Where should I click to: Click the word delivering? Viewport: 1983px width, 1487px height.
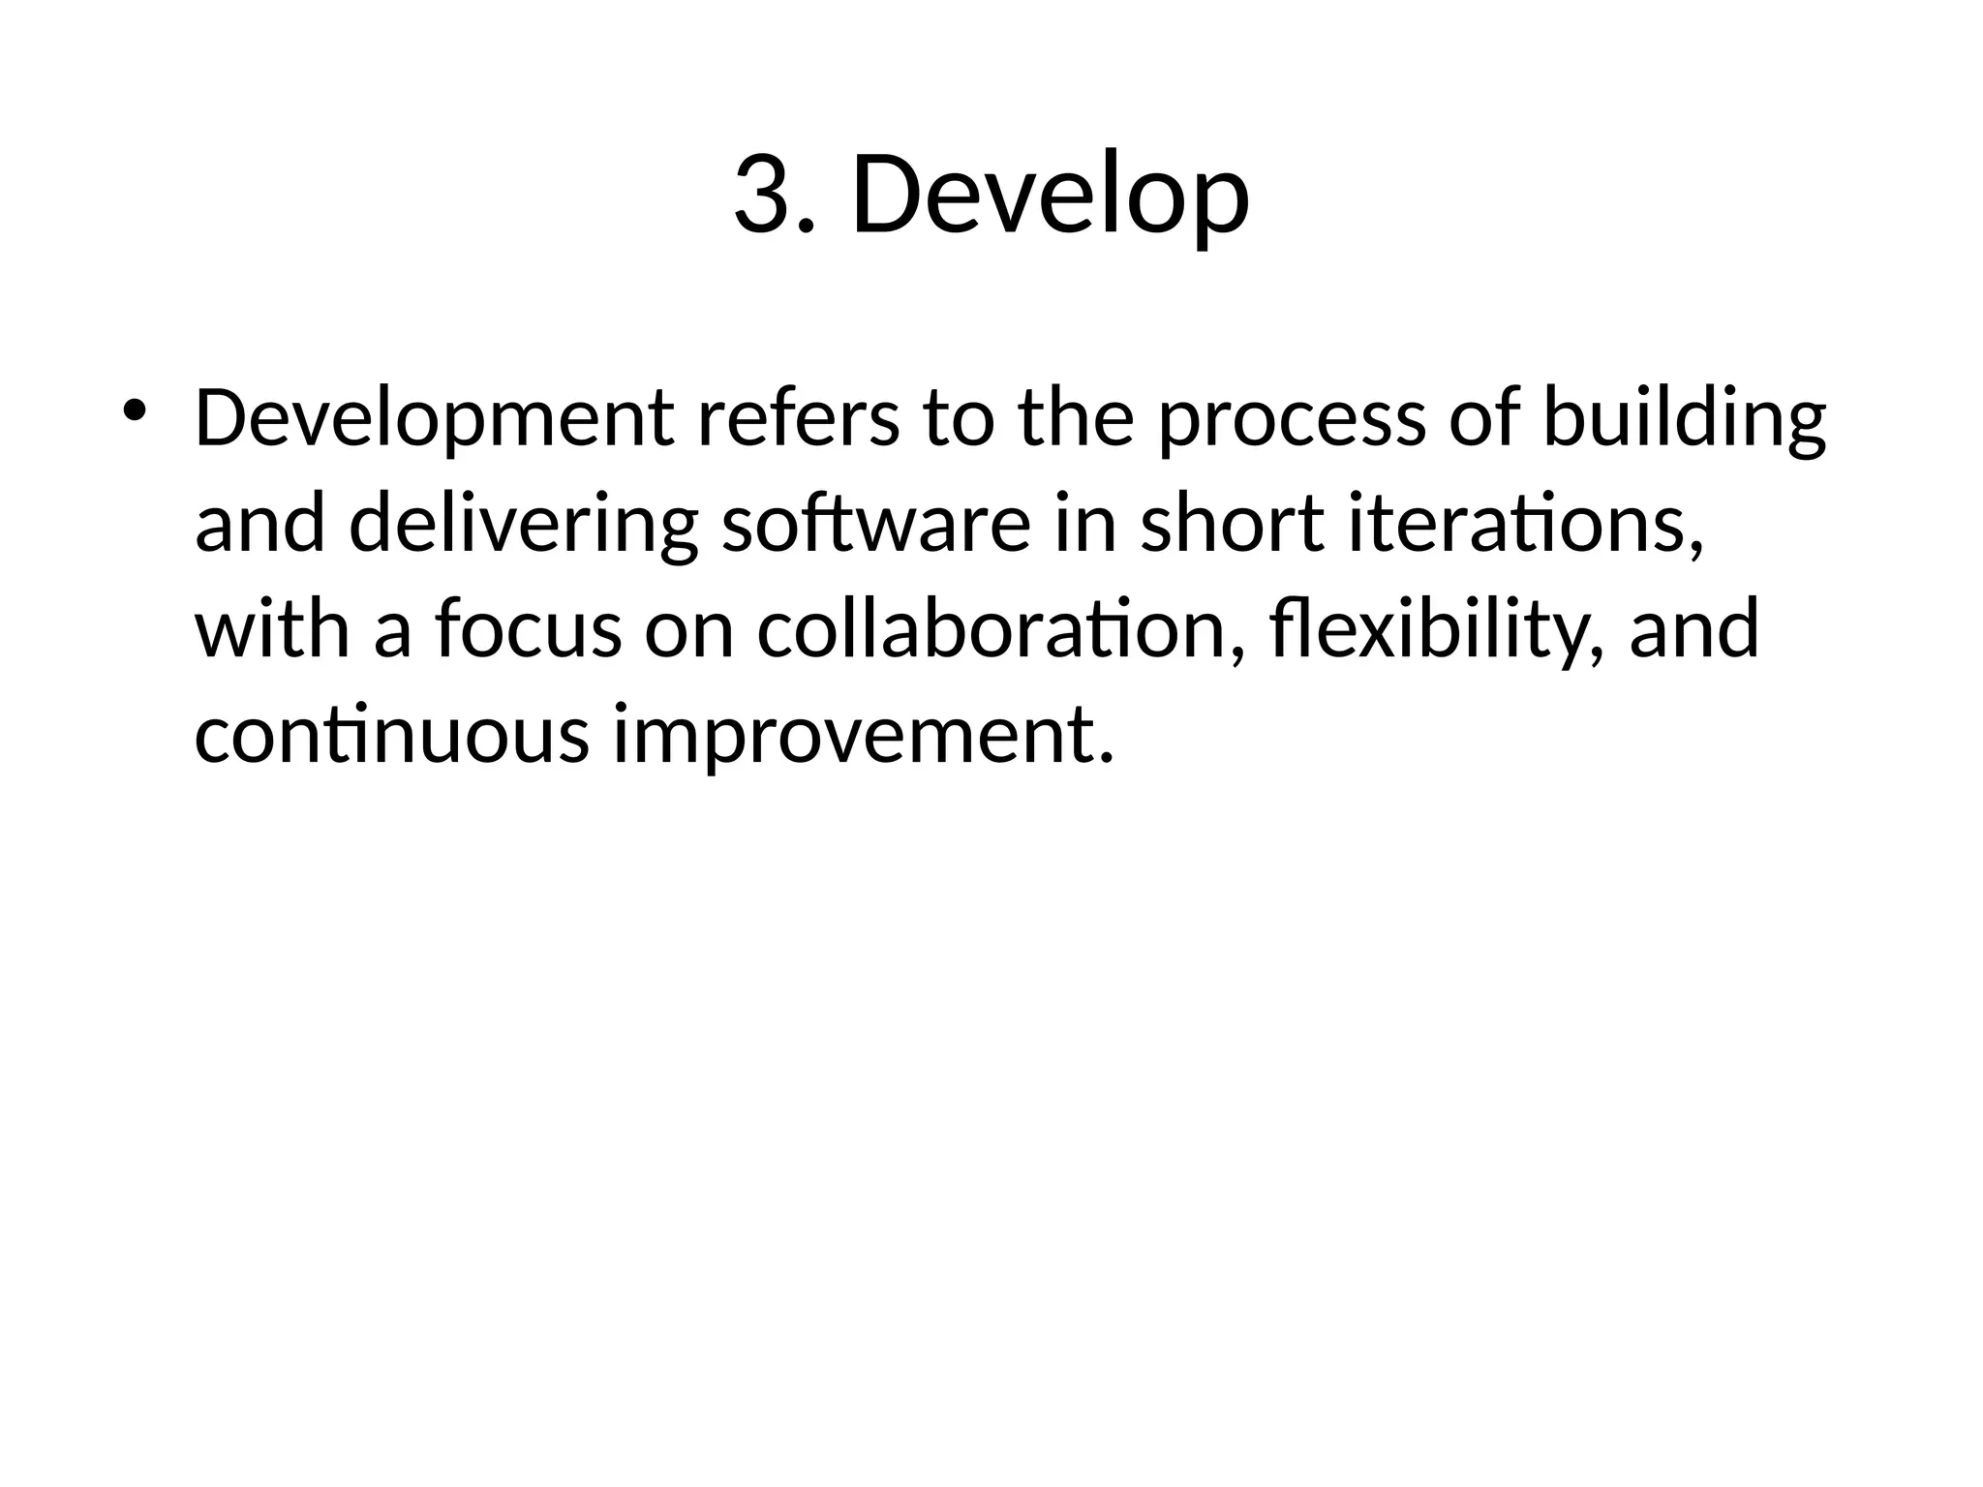[523, 525]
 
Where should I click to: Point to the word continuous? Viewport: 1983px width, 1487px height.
[391, 734]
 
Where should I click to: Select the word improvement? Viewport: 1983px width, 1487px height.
[852, 736]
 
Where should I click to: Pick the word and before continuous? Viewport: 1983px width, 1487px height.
[1694, 629]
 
